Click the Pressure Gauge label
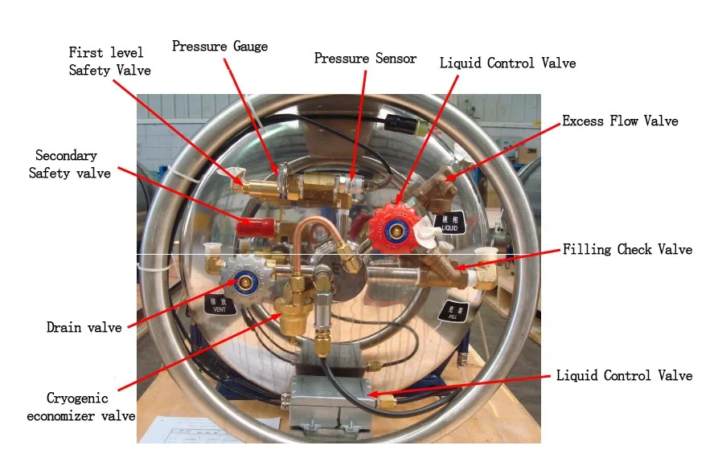coord(219,47)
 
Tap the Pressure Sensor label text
coord(365,59)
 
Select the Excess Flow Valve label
coord(620,121)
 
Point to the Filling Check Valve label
coord(627,250)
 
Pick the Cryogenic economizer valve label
coord(80,407)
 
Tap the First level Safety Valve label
coord(105,61)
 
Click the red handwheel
coord(396,230)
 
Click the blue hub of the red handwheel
coord(396,231)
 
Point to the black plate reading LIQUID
coord(449,223)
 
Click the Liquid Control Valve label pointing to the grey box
coord(623,376)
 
